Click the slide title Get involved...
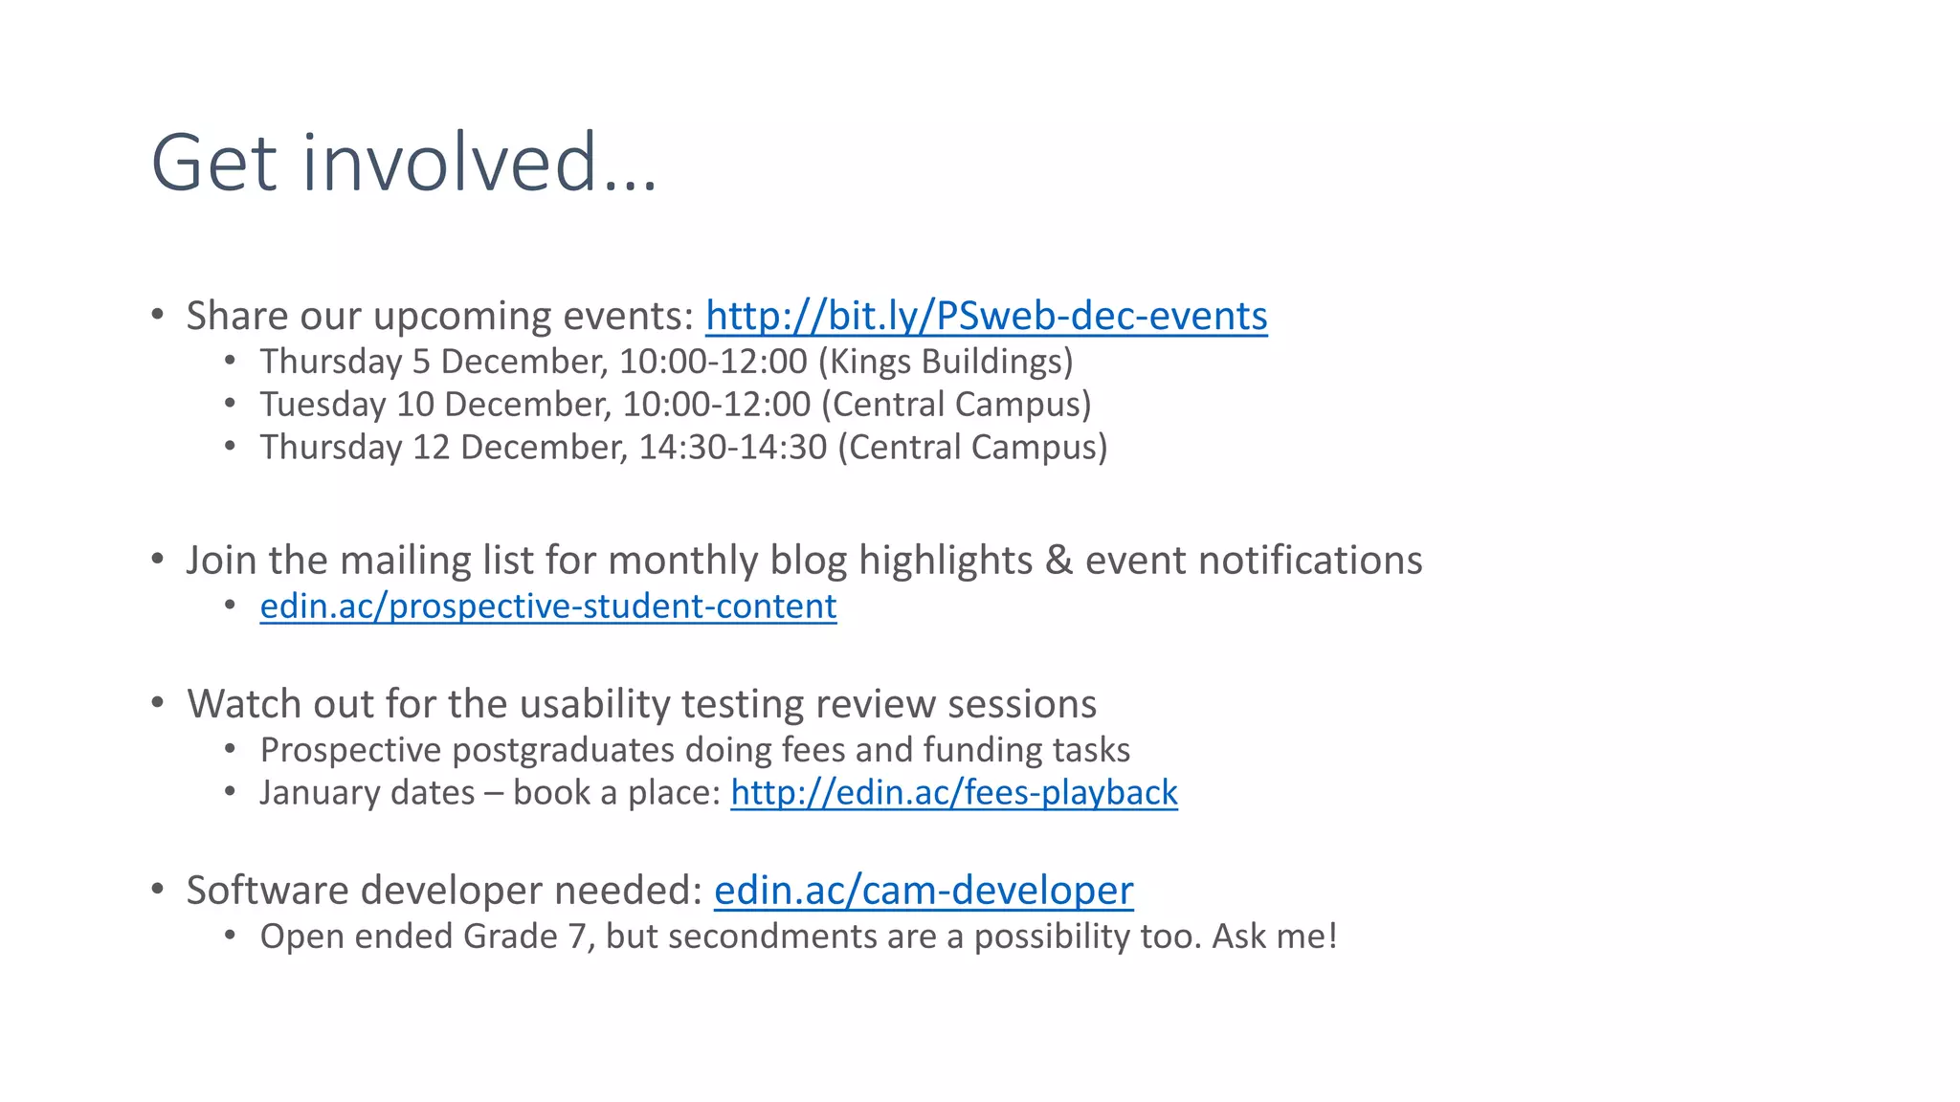404,163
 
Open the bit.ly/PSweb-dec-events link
986,316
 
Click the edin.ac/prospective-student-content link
548,606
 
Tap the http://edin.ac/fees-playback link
954,793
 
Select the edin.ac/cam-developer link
924,891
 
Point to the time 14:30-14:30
732,448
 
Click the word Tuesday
323,405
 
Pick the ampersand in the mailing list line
1058,561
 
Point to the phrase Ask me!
1274,937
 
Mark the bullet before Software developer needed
158,890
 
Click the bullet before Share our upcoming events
158,315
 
